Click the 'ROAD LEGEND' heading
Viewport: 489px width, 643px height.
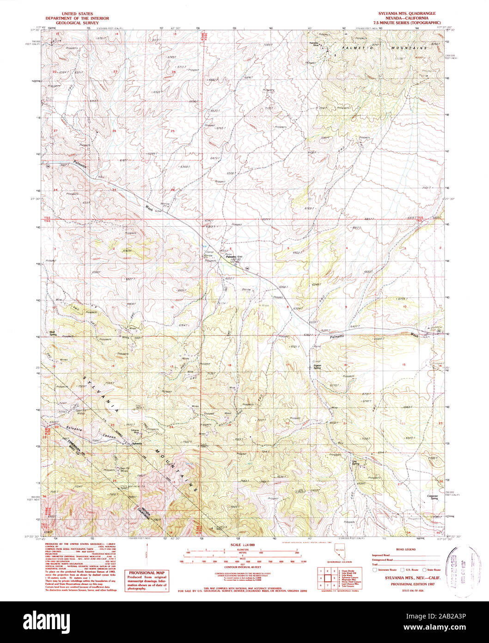(406, 549)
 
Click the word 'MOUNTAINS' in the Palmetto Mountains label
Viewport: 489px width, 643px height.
(407, 48)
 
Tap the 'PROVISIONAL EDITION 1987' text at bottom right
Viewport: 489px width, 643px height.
(406, 584)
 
